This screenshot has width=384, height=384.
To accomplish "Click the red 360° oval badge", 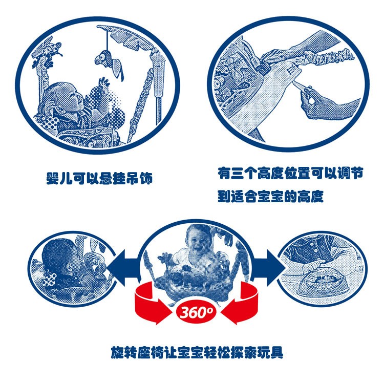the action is pyautogui.click(x=196, y=312).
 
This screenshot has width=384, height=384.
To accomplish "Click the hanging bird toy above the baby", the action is pyautogui.click(x=110, y=62).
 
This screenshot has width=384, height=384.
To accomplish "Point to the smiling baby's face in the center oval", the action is pyautogui.click(x=198, y=239).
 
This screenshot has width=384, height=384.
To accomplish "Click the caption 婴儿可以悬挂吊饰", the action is pyautogui.click(x=100, y=178).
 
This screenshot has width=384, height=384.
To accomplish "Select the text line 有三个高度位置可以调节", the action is pyautogui.click(x=290, y=174).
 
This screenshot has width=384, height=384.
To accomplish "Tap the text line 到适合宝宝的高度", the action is pyautogui.click(x=271, y=196).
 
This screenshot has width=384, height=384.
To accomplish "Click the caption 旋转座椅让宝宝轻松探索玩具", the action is pyautogui.click(x=197, y=352).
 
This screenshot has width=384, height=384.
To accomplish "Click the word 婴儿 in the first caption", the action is pyautogui.click(x=59, y=178).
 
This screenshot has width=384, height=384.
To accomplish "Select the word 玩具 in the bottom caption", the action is pyautogui.click(x=270, y=352).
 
